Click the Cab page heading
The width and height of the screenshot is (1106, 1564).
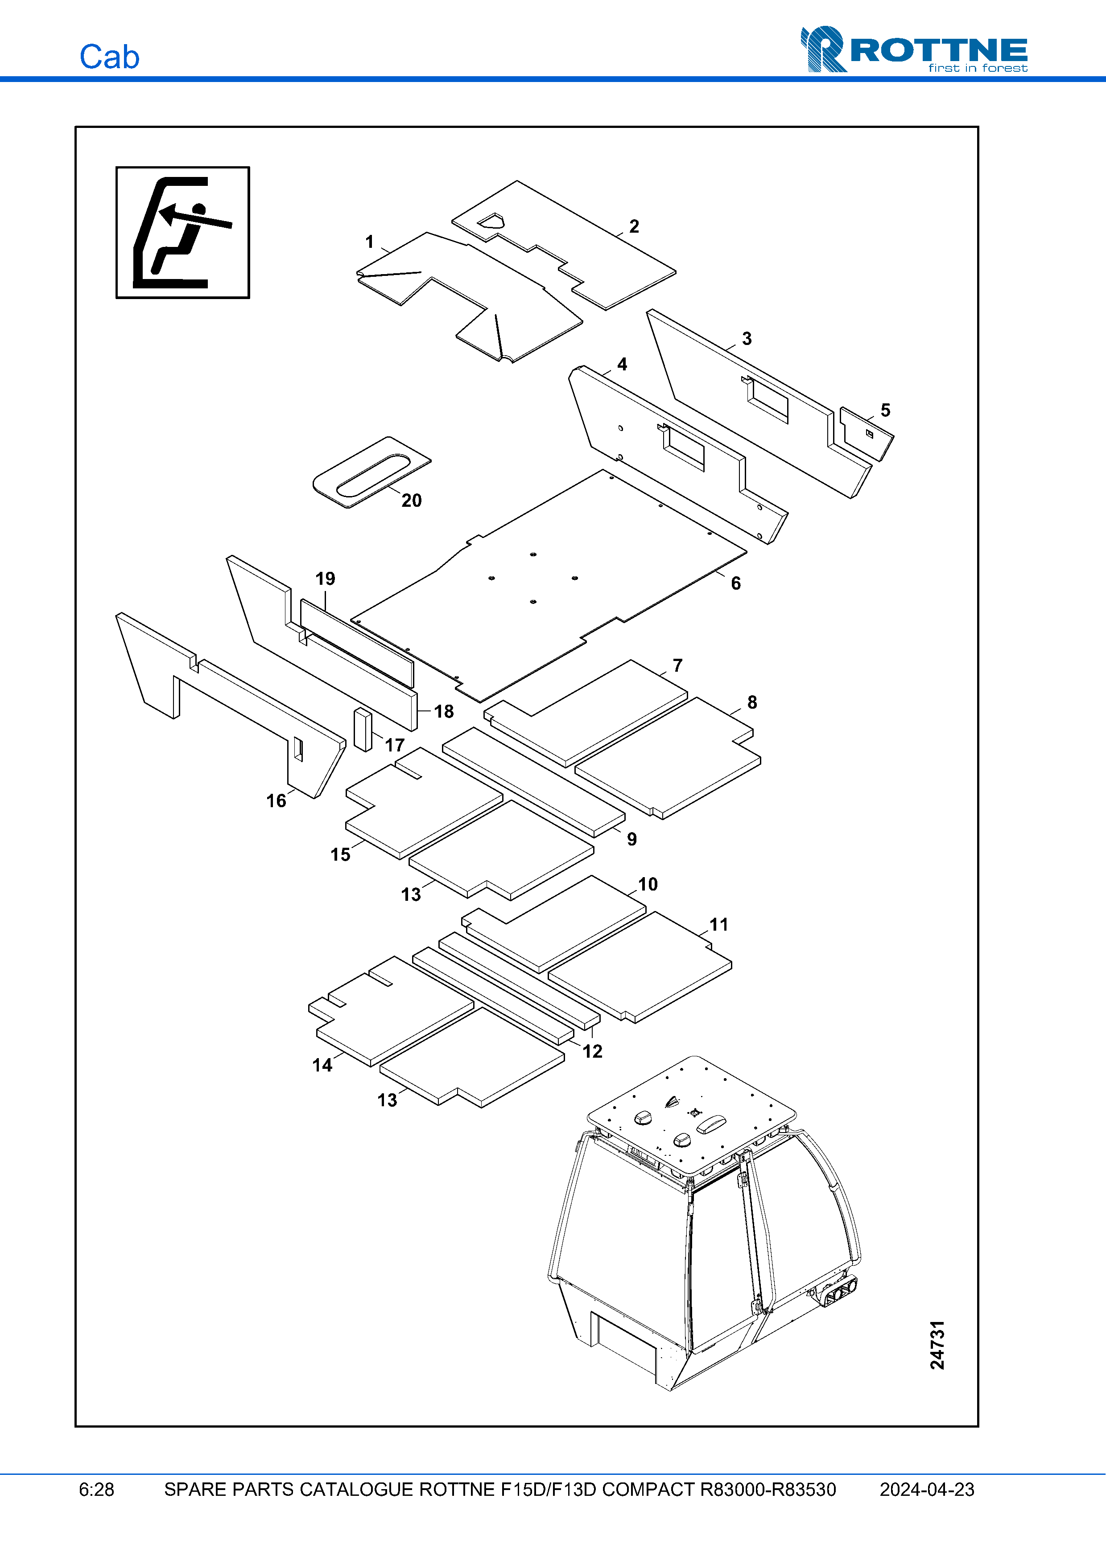[x=109, y=57]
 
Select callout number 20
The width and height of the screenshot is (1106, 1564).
[x=411, y=501]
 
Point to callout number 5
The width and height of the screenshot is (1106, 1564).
[x=885, y=410]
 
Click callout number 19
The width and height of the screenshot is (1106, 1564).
[x=325, y=579]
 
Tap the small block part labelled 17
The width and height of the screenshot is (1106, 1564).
[x=363, y=730]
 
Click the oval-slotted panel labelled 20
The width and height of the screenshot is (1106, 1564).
[x=371, y=472]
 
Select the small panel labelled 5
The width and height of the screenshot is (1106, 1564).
[x=866, y=434]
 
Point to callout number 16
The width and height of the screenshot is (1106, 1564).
[x=276, y=800]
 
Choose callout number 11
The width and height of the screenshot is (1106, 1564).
[x=719, y=924]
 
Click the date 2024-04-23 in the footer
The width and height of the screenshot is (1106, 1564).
[x=926, y=1489]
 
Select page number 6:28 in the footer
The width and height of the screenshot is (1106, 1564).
[x=96, y=1489]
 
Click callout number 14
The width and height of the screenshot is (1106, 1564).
[x=322, y=1065]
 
